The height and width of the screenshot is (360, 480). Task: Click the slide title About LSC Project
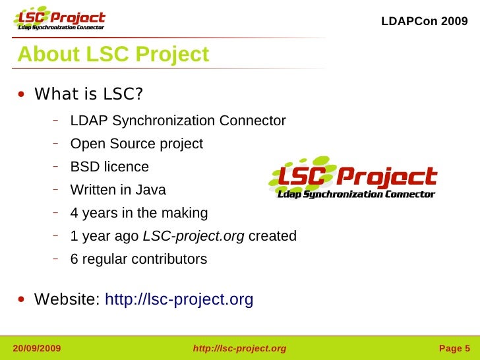coord(113,55)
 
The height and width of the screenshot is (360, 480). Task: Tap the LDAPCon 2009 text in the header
coord(425,21)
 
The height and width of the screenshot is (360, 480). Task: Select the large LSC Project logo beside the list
coord(353,178)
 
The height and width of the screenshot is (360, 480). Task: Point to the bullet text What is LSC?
coord(88,94)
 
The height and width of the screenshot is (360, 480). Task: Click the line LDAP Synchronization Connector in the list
coord(178,121)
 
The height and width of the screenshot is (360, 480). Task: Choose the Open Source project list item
coord(136,144)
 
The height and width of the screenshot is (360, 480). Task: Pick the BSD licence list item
coord(109,167)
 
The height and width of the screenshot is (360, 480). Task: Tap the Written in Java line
coord(118,190)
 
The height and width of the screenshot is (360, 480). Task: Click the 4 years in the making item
coord(139,213)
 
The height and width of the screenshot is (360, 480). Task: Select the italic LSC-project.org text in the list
coord(193,236)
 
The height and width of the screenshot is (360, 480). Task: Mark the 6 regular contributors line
coord(138,259)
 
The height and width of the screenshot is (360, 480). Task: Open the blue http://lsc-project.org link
coord(179,300)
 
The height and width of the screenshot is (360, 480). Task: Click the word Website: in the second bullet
coord(67,300)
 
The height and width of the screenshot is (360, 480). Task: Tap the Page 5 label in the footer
coord(454,348)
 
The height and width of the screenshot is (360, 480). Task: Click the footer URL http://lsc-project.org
coord(239,348)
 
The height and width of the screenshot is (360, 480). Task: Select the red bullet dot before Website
coord(22,301)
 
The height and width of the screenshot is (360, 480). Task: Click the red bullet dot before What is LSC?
coord(22,95)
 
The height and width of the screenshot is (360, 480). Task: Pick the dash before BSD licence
coord(57,165)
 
